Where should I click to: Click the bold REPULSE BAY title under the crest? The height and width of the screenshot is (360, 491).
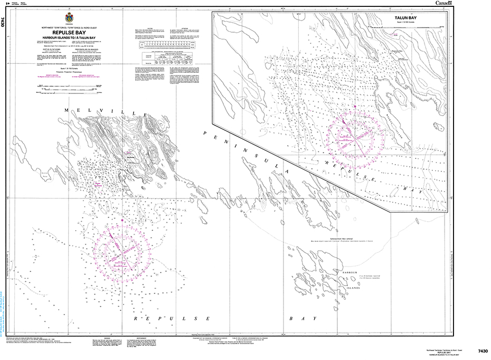click(x=70, y=31)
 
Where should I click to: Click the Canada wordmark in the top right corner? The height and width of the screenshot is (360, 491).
click(x=443, y=4)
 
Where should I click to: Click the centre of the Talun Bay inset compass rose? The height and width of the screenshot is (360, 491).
click(x=355, y=139)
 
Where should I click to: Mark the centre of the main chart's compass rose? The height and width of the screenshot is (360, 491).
click(x=122, y=251)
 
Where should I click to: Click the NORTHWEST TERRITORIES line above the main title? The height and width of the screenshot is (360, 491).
click(x=70, y=26)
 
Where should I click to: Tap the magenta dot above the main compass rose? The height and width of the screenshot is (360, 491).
click(x=122, y=220)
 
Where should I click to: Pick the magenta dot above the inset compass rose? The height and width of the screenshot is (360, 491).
click(x=355, y=107)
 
